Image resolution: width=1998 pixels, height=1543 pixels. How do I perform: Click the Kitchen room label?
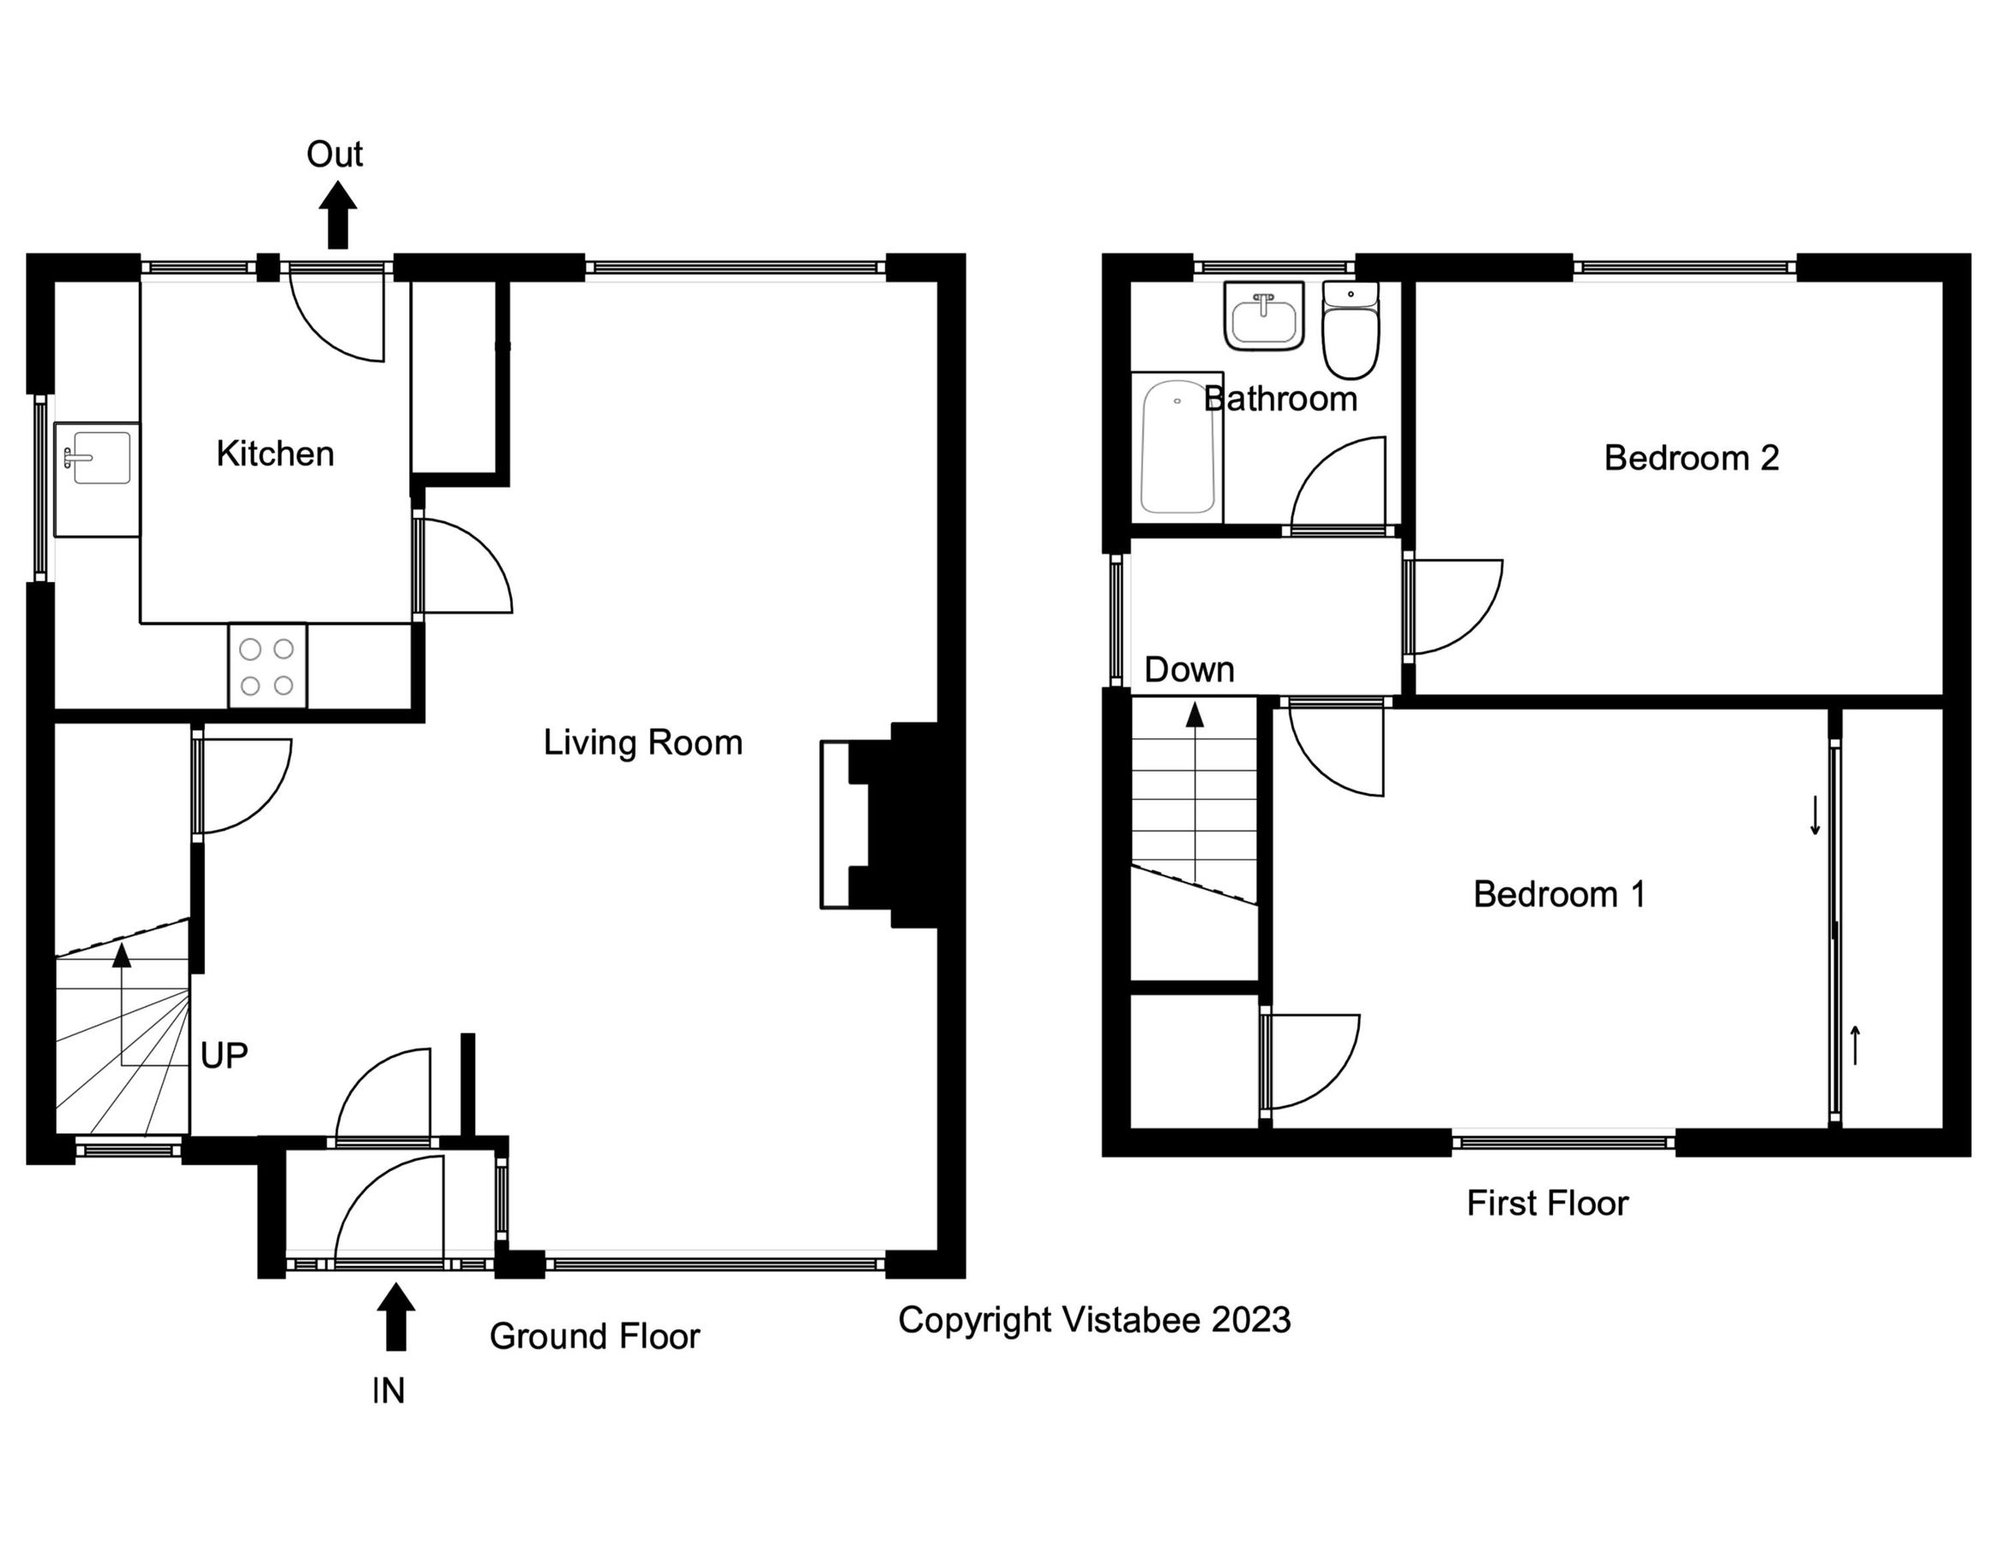[x=274, y=453]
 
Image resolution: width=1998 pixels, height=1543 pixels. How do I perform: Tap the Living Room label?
[x=642, y=741]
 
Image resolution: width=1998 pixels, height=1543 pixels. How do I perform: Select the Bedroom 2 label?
[x=1691, y=457]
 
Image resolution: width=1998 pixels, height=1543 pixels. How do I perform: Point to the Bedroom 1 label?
[x=1558, y=893]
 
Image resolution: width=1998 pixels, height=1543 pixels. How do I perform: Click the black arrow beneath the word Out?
[x=338, y=215]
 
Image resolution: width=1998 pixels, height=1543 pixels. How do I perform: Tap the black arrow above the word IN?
[x=395, y=1316]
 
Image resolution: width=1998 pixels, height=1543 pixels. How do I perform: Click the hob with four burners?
[x=268, y=666]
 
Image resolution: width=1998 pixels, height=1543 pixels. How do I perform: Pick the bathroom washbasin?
[x=1263, y=316]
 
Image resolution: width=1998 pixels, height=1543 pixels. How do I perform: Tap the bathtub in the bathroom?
[x=1177, y=448]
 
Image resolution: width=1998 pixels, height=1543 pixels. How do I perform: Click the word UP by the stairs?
[x=223, y=1056]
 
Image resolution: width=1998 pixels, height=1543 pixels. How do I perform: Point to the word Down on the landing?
[x=1189, y=670]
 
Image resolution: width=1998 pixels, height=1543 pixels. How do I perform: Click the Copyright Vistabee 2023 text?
[x=1093, y=1320]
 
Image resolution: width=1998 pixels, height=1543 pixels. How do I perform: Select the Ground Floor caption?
[x=593, y=1336]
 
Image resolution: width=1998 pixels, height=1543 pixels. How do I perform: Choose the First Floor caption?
[x=1547, y=1203]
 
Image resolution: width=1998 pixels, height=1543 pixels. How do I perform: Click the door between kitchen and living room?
[x=462, y=567]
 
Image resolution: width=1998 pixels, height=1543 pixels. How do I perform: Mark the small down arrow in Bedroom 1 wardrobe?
[x=1815, y=816]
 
